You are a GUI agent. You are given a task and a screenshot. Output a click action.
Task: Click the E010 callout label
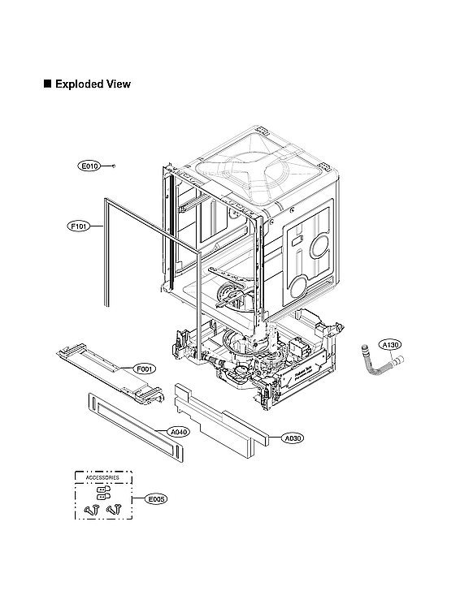tap(89, 166)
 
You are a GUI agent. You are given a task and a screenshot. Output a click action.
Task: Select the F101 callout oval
tap(78, 227)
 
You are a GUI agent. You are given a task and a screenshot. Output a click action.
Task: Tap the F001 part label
tap(145, 369)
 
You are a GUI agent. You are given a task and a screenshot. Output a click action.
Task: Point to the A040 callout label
tap(179, 432)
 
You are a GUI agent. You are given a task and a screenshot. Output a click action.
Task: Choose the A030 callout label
tap(293, 438)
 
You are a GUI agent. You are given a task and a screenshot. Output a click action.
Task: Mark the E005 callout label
tap(156, 499)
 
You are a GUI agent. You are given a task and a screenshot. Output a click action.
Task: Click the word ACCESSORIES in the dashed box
tap(102, 479)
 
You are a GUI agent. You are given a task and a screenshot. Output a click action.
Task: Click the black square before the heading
tap(47, 84)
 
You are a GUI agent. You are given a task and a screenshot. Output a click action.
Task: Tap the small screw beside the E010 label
tap(114, 166)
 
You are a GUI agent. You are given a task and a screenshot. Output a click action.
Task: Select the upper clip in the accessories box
tap(102, 489)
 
